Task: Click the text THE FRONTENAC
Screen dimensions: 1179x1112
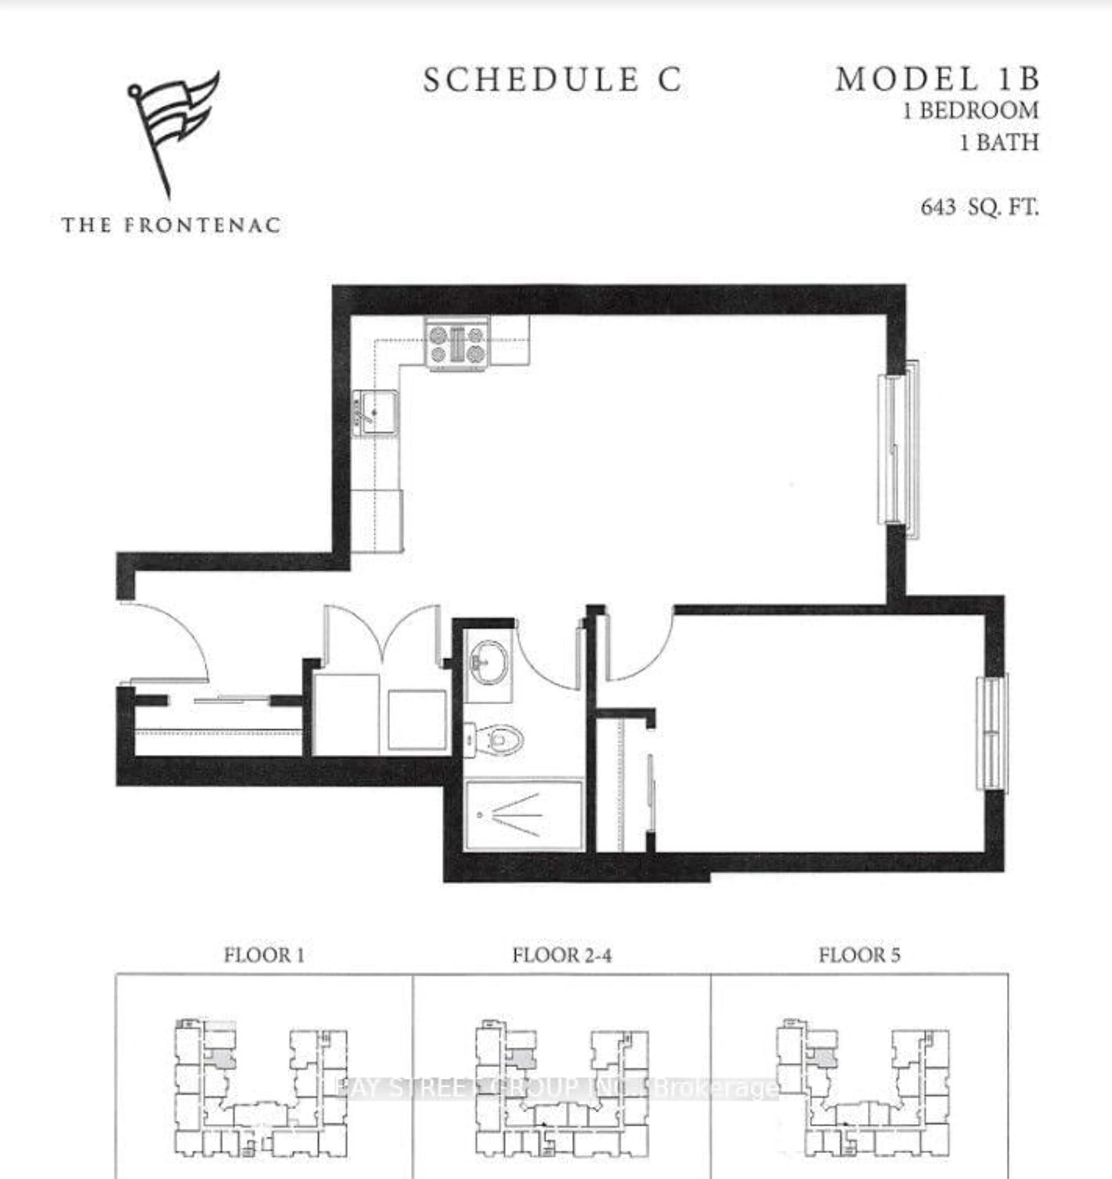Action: click(x=171, y=225)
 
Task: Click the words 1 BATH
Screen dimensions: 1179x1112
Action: click(x=999, y=142)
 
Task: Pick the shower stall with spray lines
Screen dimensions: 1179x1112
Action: click(x=523, y=815)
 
